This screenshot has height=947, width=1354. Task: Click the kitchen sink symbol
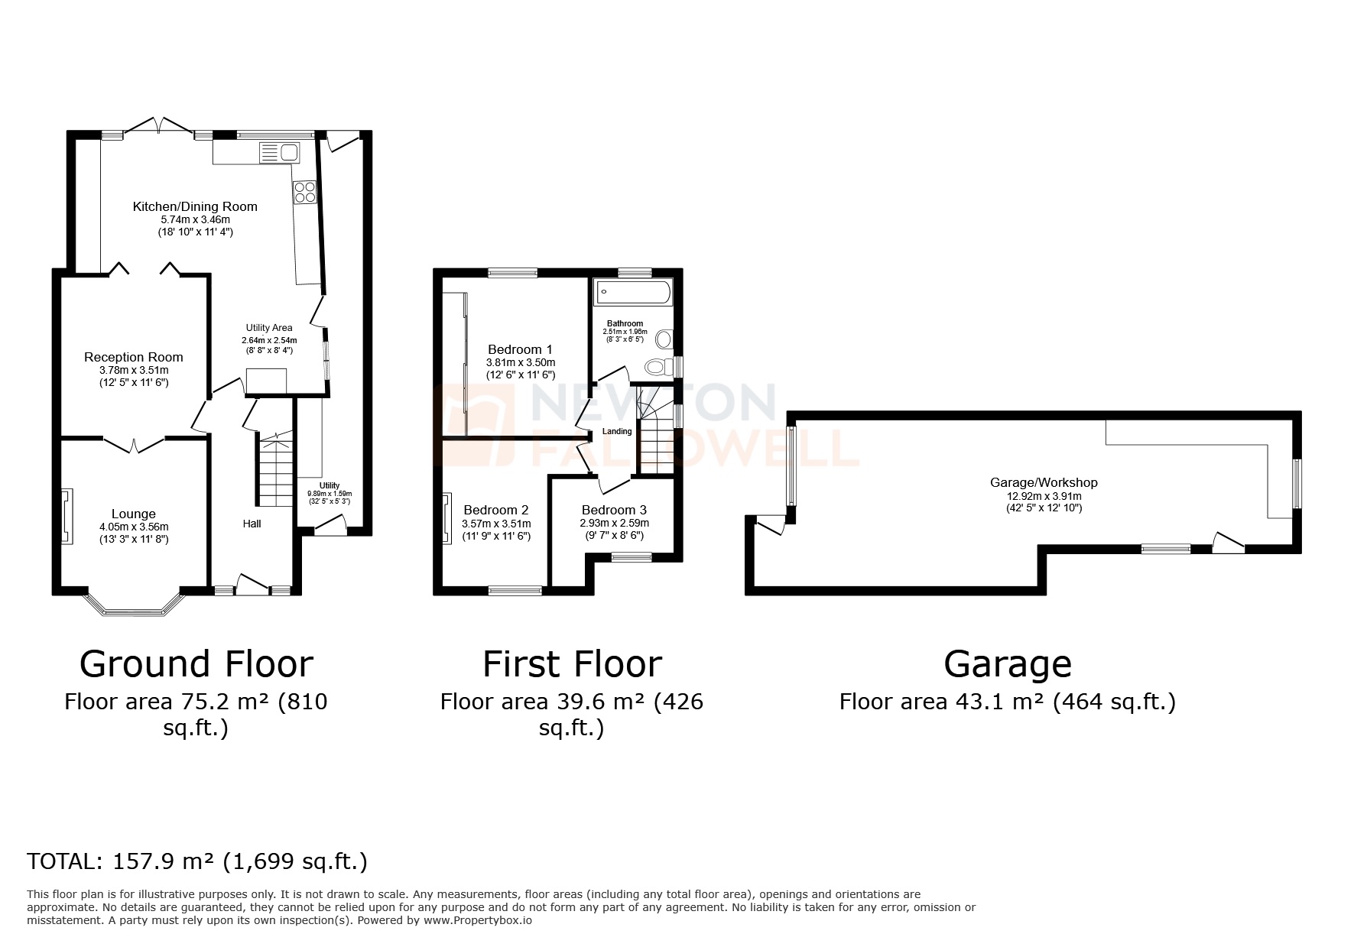click(x=279, y=152)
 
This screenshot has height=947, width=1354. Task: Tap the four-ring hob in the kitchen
click(x=305, y=192)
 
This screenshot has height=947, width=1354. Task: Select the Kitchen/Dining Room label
click(x=195, y=206)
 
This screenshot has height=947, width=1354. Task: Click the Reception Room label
click(x=134, y=357)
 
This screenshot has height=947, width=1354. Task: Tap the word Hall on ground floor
click(x=252, y=524)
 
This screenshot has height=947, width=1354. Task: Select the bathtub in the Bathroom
click(x=634, y=291)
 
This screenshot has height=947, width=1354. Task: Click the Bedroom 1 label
click(x=521, y=349)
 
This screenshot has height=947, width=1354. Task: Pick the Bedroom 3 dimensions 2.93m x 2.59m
click(x=614, y=524)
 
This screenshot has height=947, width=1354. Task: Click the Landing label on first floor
click(x=617, y=431)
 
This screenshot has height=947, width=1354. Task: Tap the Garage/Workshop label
click(x=1044, y=482)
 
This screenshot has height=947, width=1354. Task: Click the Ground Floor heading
click(x=196, y=664)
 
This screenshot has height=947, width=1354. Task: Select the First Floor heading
click(x=572, y=664)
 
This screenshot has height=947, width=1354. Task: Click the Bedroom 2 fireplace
click(x=446, y=518)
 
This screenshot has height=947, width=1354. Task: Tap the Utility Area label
click(x=269, y=328)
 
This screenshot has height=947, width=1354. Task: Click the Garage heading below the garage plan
click(x=1007, y=664)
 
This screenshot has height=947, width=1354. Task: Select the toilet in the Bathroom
click(x=655, y=368)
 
